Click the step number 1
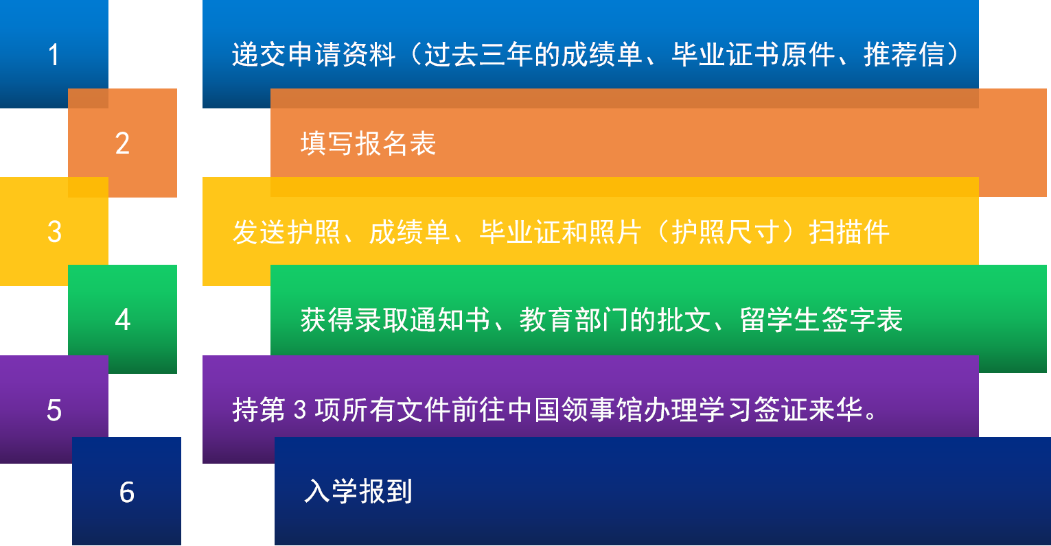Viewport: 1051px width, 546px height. [54, 55]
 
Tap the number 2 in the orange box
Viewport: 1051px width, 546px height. [122, 143]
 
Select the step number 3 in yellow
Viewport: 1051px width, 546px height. [54, 232]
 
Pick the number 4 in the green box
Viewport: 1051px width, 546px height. [122, 320]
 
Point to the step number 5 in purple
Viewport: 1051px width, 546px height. [54, 410]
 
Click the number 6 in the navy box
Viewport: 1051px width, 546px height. [126, 492]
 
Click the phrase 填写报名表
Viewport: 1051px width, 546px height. [368, 143]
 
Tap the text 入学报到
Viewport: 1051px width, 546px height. [358, 492]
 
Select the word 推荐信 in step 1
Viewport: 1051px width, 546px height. [904, 55]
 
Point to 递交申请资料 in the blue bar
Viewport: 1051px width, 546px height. [314, 55]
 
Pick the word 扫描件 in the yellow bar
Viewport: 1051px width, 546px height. [849, 232]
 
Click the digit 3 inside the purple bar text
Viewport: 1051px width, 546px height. [299, 410]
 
